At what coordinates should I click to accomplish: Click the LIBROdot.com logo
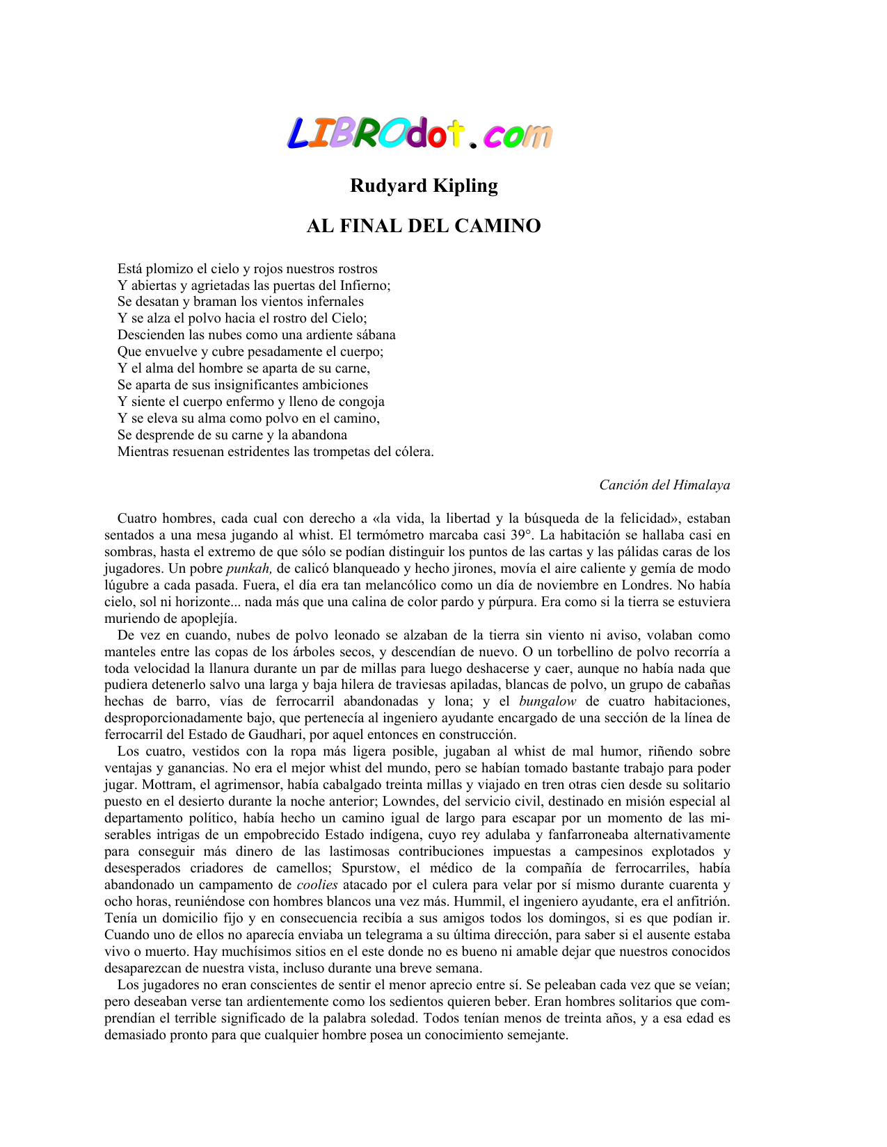[420, 133]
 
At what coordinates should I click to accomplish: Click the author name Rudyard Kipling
[424, 186]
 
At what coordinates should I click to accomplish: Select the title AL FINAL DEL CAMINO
[424, 226]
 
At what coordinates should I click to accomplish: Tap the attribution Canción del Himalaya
[664, 485]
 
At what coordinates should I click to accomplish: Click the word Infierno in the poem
[365, 286]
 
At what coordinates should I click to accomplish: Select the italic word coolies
[317, 885]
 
